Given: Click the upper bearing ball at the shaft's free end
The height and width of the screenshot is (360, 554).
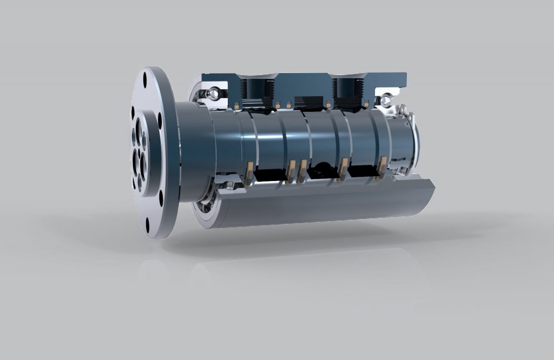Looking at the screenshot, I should click(386, 100).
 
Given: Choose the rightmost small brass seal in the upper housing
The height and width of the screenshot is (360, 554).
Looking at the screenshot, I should click(367, 103).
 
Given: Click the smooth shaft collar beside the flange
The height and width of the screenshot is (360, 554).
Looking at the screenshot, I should click(192, 151).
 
